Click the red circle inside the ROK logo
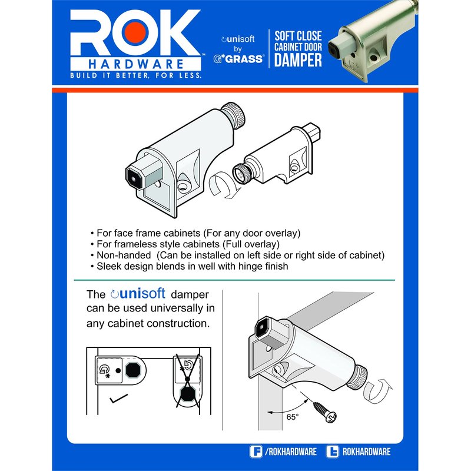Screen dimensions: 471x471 135,32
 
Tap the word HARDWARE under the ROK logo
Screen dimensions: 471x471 136,64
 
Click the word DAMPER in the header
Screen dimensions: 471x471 298,60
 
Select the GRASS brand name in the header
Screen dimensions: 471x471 244,59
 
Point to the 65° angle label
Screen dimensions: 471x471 292,417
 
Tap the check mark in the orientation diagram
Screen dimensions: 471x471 118,399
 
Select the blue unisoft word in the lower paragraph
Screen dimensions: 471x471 142,293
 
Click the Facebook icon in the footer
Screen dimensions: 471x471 256,452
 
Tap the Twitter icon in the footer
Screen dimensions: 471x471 332,452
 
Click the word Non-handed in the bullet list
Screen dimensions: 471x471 124,255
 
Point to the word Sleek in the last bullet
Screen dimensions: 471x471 109,266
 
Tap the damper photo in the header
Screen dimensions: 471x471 373,42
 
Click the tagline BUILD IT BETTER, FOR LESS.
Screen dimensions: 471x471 135,75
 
